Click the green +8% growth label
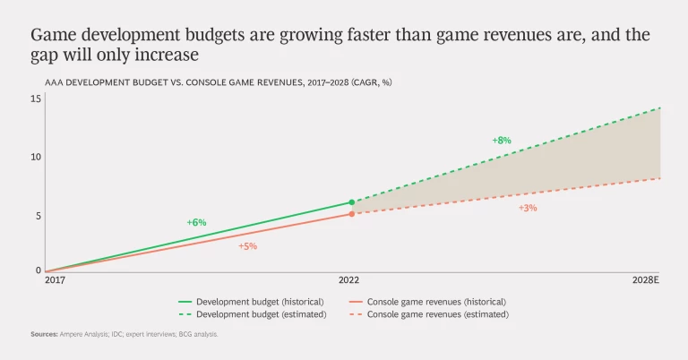tap(501, 141)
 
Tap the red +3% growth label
tap(528, 208)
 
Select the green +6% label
tap(196, 222)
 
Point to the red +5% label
tap(247, 246)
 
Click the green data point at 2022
tap(352, 202)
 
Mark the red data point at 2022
tap(352, 214)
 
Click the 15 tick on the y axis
tap(36, 99)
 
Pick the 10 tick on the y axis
tap(36, 157)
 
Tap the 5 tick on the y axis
tap(39, 215)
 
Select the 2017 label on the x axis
tap(55, 280)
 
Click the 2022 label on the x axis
tap(352, 280)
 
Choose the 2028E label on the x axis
tap(644, 280)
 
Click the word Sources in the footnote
tap(44, 334)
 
